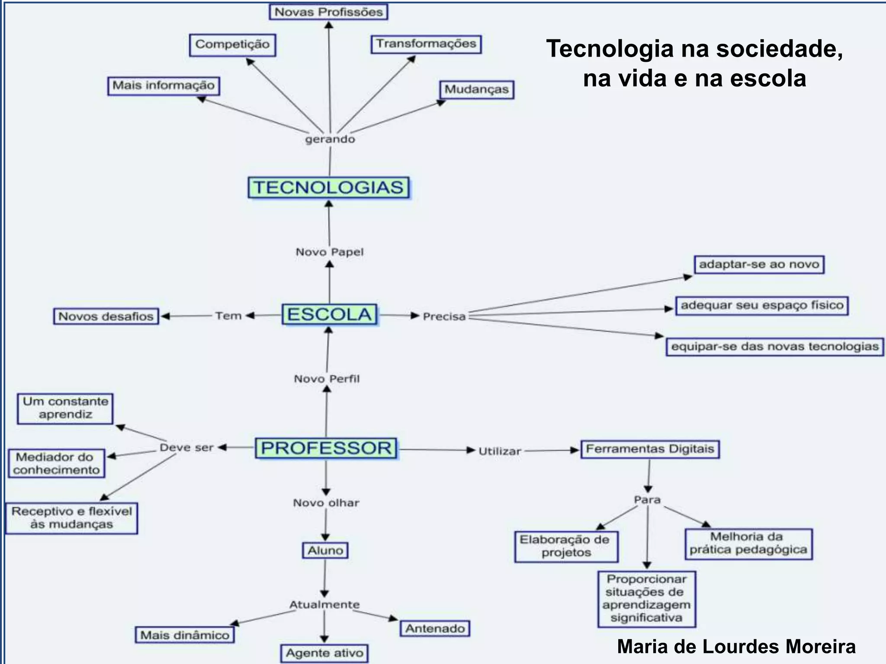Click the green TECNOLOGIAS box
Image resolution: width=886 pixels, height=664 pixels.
pos(329,188)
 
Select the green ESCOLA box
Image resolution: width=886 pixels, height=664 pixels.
pos(330,314)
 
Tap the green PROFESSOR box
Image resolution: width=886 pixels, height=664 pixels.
pos(326,448)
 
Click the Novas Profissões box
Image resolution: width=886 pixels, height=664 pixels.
pos(328,12)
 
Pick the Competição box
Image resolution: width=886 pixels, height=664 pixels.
pos(232,45)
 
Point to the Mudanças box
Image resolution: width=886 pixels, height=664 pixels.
pos(477,89)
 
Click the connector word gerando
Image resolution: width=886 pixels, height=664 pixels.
pos(330,139)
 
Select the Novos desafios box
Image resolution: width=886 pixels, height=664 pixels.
pos(106,316)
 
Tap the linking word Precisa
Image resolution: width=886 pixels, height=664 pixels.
pos(444,316)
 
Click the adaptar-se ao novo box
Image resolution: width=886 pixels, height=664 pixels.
pos(759,264)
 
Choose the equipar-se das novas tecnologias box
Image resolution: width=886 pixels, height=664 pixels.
pos(775,347)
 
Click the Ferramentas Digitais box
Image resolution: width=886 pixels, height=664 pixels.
pos(650,449)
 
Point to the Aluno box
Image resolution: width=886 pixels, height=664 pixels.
pos(325,551)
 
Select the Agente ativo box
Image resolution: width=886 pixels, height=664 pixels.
pos(324,653)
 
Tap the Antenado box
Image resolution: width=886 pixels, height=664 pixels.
pos(435,629)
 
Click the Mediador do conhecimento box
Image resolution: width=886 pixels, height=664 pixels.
pos(56,463)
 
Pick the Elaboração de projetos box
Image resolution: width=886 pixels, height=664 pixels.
pos(566,546)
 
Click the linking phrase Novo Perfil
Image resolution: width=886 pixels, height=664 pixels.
pos(327,379)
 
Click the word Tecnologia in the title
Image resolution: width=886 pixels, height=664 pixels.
pos(610,49)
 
